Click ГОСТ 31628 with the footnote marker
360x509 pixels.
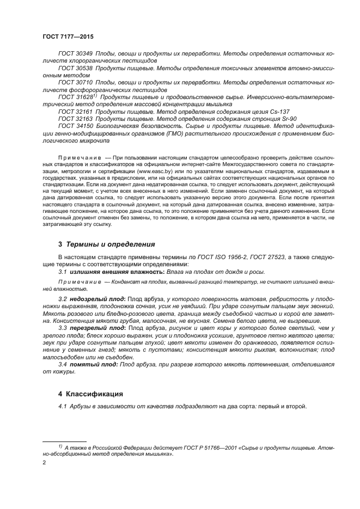pyautogui.click(x=77, y=96)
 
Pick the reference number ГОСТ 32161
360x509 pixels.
pyautogui.click(x=75, y=110)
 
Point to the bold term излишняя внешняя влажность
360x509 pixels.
pyautogui.click(x=112, y=271)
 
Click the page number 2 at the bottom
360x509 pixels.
pyautogui.click(x=44, y=462)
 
